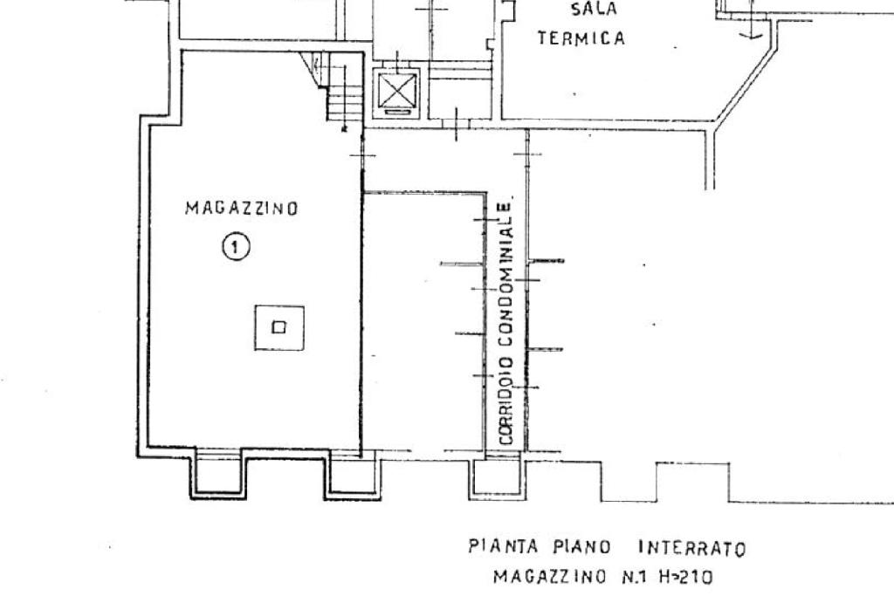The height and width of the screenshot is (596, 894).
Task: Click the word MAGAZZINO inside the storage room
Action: pos(242,209)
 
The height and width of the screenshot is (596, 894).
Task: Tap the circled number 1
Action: pos(236,247)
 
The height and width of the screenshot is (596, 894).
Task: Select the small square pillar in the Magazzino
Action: pos(279,327)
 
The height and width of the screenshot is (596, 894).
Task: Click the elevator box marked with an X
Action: pos(397,92)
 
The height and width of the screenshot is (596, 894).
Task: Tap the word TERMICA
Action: pos(581,38)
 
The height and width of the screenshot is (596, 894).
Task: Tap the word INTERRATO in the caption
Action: pos(692,550)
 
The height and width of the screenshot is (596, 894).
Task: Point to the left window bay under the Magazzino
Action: pos(217,475)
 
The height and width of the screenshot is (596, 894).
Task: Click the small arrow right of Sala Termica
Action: pos(750,31)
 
